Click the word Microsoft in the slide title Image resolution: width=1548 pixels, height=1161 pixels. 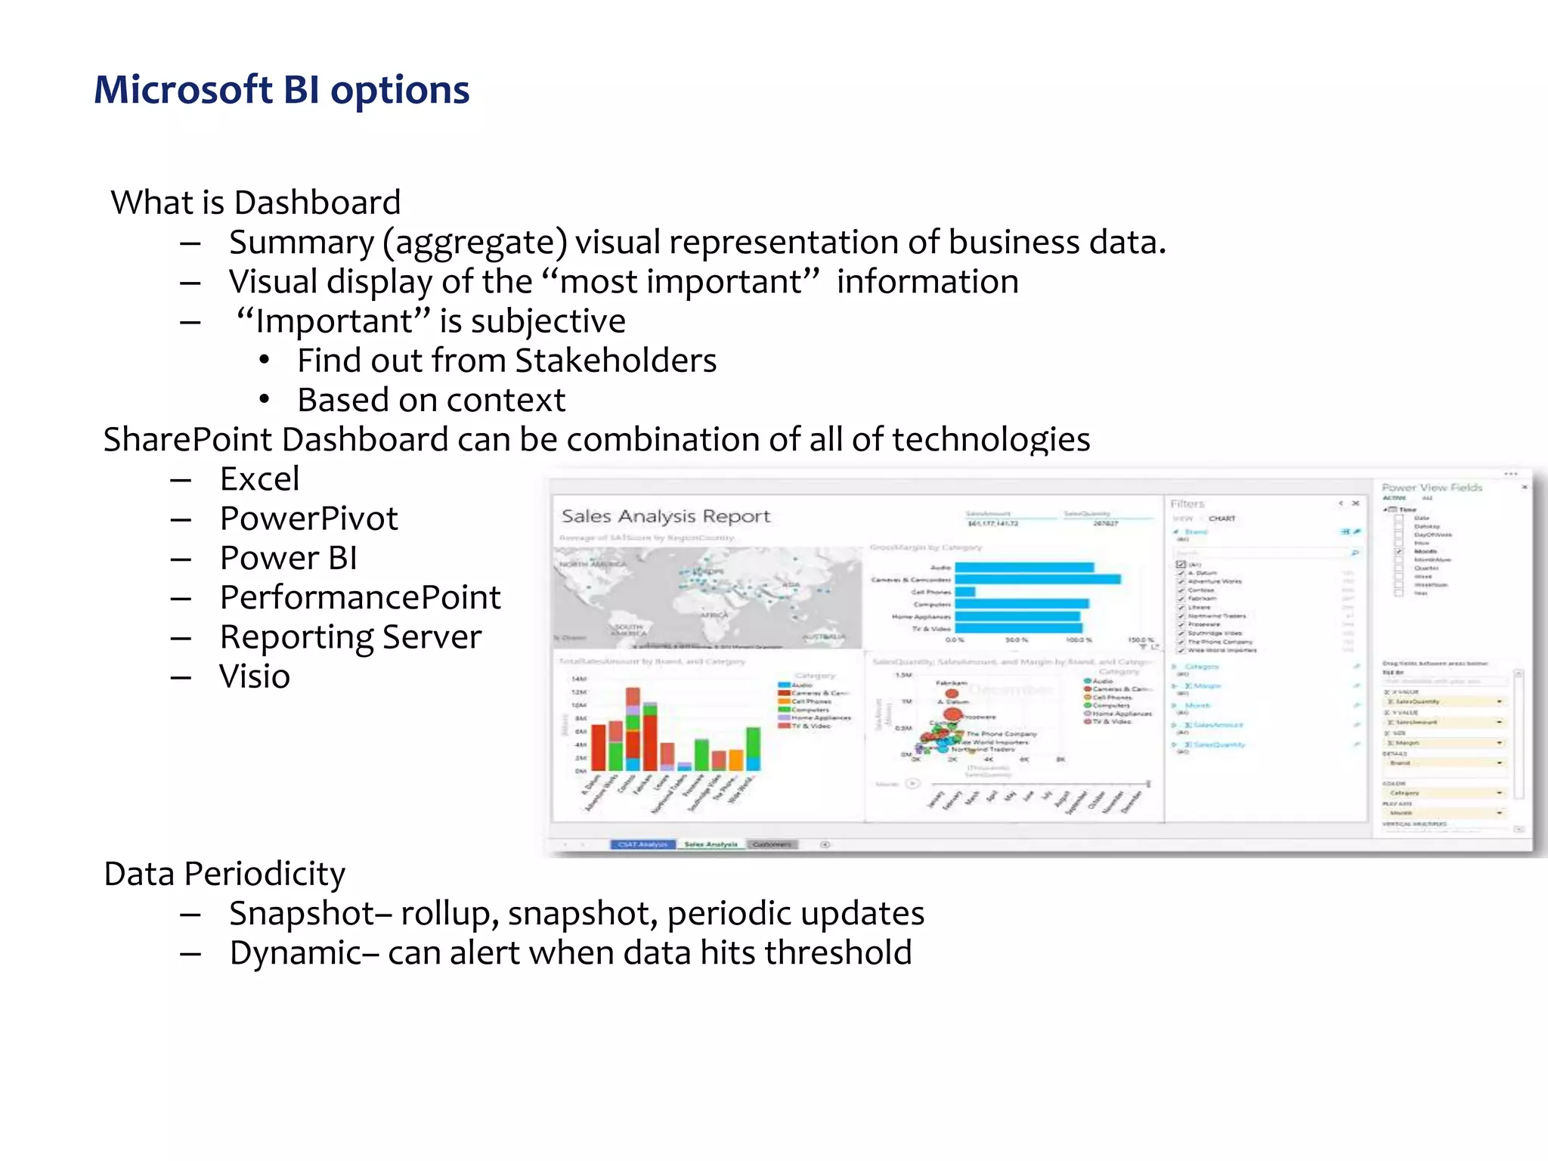pyautogui.click(x=182, y=90)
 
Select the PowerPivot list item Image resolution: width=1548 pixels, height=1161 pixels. pyautogui.click(x=308, y=519)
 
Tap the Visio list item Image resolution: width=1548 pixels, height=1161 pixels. pyautogui.click(x=254, y=676)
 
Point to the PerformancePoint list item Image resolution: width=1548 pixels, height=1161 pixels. pyautogui.click(x=360, y=598)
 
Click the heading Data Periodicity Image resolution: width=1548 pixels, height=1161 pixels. pyautogui.click(x=224, y=874)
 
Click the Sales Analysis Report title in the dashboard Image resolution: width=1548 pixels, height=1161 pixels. pyautogui.click(x=665, y=516)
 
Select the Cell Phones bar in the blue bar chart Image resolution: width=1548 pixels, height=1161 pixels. pyautogui.click(x=965, y=592)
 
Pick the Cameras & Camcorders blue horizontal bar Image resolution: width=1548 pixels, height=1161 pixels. pyautogui.click(x=1037, y=580)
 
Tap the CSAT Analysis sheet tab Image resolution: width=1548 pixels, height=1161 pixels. pyautogui.click(x=642, y=844)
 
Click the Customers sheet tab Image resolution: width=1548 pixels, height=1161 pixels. pyautogui.click(x=772, y=844)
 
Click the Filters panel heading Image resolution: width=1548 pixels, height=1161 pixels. pyautogui.click(x=1187, y=504)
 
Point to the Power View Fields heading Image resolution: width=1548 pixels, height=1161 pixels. pyautogui.click(x=1432, y=488)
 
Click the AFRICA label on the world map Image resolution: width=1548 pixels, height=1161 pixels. pyautogui.click(x=714, y=615)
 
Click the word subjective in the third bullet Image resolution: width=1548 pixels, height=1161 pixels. pyautogui.click(x=548, y=321)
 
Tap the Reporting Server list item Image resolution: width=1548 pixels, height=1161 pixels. pyautogui.click(x=350, y=637)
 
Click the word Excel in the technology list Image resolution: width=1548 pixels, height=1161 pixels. pyautogui.click(x=259, y=479)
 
